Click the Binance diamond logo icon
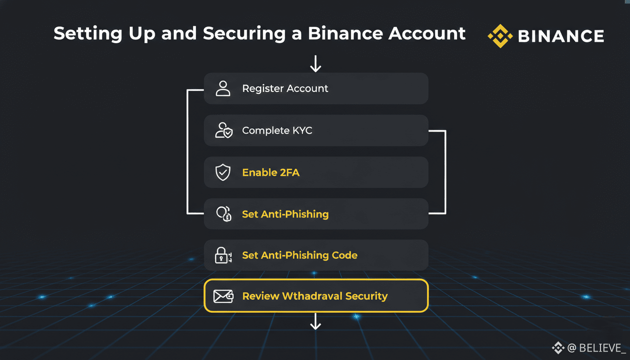500,36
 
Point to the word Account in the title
427,33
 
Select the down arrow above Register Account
315,63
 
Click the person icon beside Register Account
223,88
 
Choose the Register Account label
285,89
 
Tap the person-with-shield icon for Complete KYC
223,130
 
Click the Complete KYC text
277,130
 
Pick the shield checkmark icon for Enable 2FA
223,172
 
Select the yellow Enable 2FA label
270,172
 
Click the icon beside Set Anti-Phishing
224,214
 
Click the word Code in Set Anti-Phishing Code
345,255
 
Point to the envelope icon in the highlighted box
223,296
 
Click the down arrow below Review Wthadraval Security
315,322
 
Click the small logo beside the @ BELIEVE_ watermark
558,347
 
